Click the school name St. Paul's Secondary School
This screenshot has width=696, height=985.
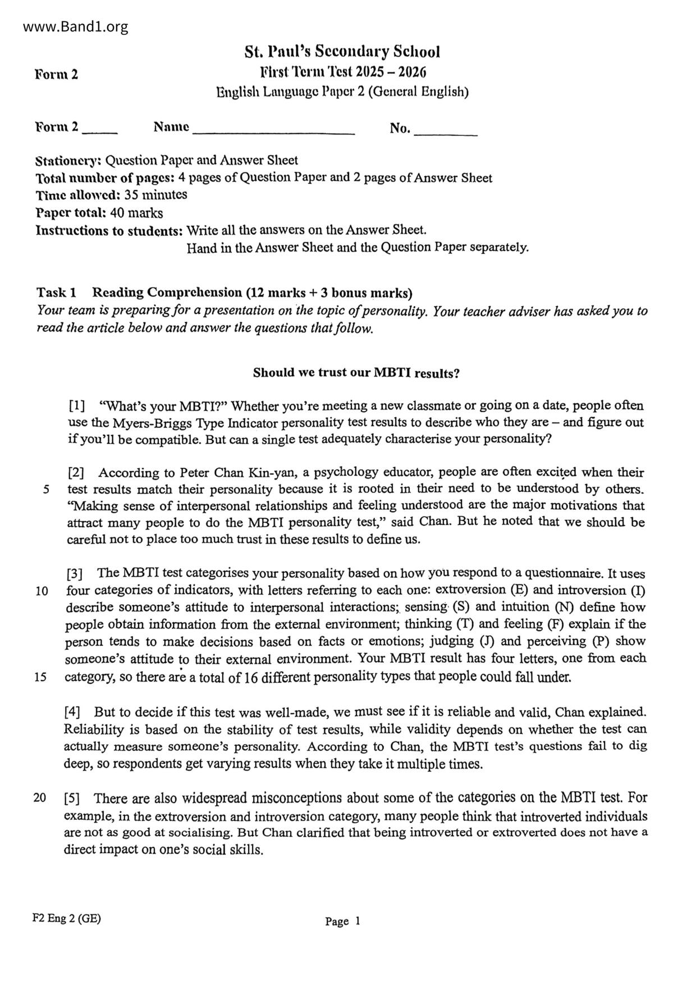coord(342,52)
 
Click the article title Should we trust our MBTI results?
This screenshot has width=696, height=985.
coord(356,373)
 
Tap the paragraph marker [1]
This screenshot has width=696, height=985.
coord(77,405)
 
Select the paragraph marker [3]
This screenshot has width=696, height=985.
coord(75,574)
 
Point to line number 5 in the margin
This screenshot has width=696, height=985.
coord(45,490)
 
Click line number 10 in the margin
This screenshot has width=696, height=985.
coord(41,591)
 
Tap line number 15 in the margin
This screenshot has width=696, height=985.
coord(40,677)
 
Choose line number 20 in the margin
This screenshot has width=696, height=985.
coord(40,797)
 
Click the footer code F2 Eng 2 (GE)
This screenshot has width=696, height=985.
coord(67,919)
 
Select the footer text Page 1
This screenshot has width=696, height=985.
coord(342,921)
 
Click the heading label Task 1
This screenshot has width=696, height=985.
coord(56,293)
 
